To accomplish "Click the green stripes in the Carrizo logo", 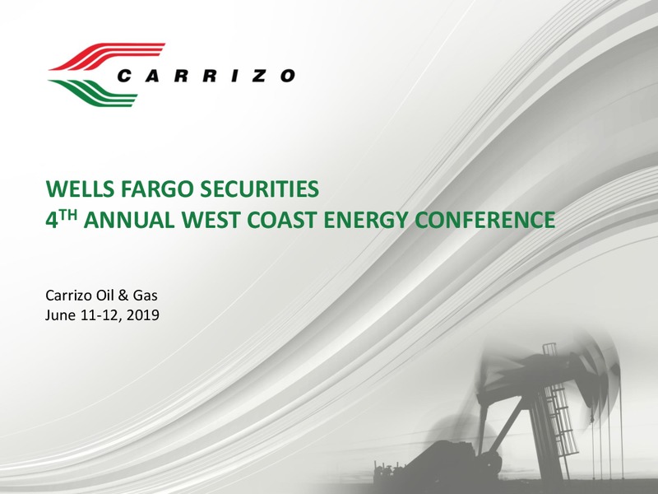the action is (x=92, y=92).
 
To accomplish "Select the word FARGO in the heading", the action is (x=156, y=189).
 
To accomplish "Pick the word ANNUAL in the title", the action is (x=129, y=220).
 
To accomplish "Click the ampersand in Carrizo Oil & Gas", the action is (x=123, y=296).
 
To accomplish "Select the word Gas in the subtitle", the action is (x=146, y=296).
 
